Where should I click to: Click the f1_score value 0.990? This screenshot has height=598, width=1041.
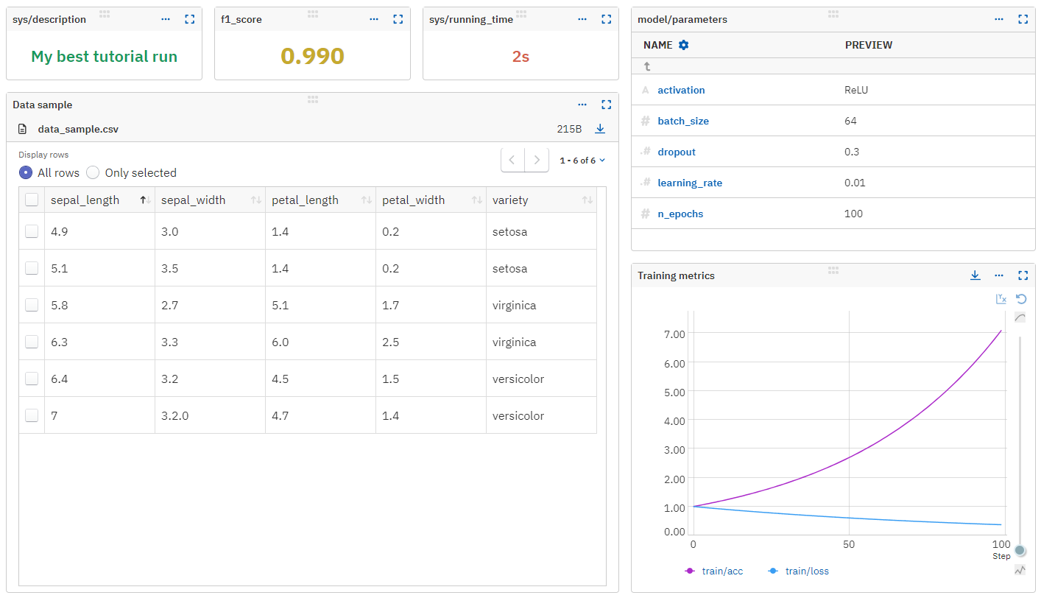(x=312, y=56)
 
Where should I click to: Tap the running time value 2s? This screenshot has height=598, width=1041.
(x=520, y=57)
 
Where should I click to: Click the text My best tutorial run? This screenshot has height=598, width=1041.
(x=104, y=57)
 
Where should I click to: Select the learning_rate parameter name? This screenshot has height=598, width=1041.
(x=689, y=183)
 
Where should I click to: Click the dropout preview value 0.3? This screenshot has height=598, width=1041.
(x=853, y=152)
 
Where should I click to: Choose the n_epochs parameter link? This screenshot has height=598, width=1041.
(x=680, y=214)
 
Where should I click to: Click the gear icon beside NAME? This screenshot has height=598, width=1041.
(x=684, y=45)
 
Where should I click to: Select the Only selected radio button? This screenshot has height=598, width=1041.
(x=93, y=172)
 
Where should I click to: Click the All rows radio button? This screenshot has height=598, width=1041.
(x=26, y=172)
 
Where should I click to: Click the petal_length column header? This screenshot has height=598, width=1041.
(x=305, y=200)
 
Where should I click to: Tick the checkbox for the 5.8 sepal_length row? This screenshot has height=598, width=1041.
(x=32, y=305)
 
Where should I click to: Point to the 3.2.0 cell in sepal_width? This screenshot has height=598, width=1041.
(x=174, y=415)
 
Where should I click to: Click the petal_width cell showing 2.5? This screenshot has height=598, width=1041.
(x=390, y=342)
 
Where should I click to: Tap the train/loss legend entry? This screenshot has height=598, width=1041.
(x=806, y=571)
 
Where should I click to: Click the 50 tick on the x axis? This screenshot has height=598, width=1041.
(x=850, y=544)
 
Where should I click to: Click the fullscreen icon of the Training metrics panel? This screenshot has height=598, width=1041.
(x=1023, y=275)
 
